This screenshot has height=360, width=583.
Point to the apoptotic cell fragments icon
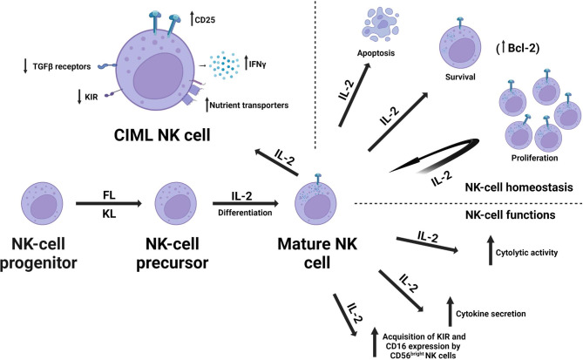(x=376, y=27)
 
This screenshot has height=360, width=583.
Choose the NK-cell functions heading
(x=521, y=214)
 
